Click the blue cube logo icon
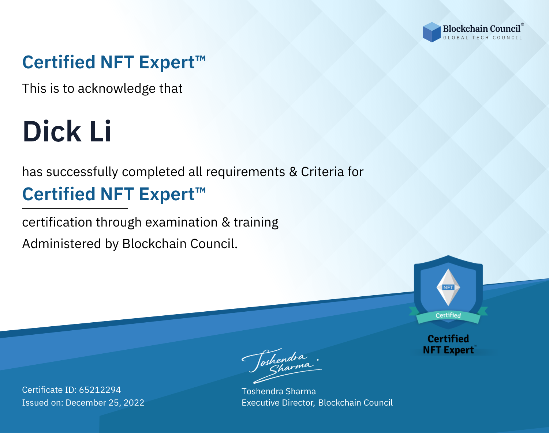pos(432,32)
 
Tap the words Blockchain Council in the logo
pos(482,29)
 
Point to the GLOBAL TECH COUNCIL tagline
pos(482,38)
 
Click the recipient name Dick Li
pos(67,131)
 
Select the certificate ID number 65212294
pos(100,390)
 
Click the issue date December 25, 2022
pos(105,402)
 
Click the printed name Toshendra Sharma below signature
pos(279,391)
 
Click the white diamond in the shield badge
pos(448,287)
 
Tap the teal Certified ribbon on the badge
pos(448,316)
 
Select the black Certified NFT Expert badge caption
pos(448,345)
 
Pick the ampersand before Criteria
pos(293,172)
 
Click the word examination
pos(182,222)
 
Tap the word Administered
pos(61,243)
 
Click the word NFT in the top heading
pos(117,62)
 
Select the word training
pos(256,223)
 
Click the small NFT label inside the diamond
pos(448,287)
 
